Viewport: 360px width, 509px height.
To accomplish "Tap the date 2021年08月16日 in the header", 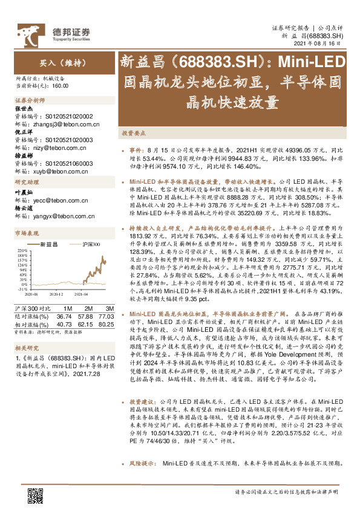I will (322, 44).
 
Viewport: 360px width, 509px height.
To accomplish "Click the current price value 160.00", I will (60, 86).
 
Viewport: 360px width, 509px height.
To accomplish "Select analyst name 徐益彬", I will (24, 155).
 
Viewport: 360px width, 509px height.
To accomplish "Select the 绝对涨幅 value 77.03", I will (106, 316).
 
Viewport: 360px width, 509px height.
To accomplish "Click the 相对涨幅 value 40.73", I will (64, 324).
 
